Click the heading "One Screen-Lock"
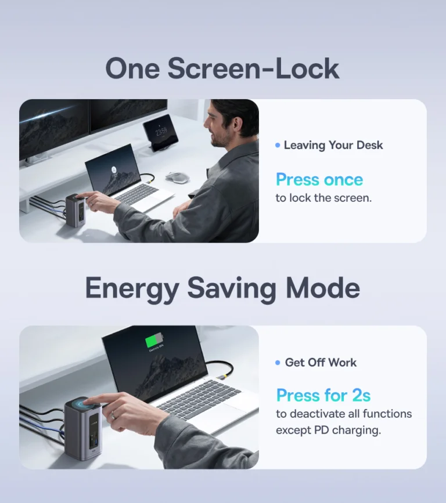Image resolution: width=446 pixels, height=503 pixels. [x=222, y=68]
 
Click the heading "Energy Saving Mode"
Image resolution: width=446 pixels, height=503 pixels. [x=222, y=288]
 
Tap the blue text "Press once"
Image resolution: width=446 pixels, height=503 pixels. [x=319, y=180]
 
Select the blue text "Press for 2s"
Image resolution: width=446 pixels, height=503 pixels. [x=323, y=395]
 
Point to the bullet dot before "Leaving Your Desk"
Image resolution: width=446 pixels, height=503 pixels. [x=278, y=145]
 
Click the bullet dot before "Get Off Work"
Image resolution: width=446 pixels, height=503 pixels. [x=278, y=363]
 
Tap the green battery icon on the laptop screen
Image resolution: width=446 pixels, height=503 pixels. [x=154, y=340]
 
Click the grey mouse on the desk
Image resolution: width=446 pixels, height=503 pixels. [x=177, y=178]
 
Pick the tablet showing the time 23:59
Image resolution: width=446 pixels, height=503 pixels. [x=160, y=132]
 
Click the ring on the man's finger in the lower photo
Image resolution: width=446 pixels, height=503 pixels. [x=113, y=415]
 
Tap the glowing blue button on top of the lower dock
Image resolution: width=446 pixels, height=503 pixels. [x=83, y=403]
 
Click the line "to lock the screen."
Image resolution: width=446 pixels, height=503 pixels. [x=323, y=198]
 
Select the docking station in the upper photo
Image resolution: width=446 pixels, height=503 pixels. [x=75, y=211]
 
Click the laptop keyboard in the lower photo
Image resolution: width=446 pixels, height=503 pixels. [x=199, y=399]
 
